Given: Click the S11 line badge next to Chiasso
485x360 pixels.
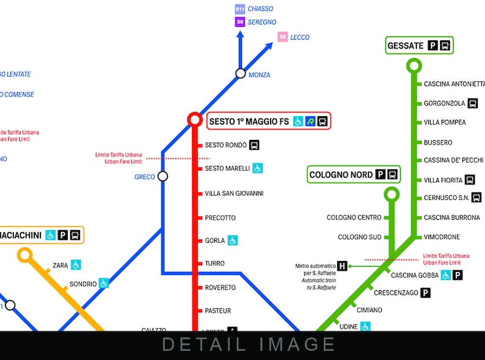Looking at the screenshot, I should pyautogui.click(x=240, y=9).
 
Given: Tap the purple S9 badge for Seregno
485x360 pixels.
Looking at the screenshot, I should pyautogui.click(x=240, y=23).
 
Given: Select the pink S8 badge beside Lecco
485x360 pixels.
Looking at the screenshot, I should pyautogui.click(x=282, y=37).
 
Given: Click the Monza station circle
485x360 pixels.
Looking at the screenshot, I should pyautogui.click(x=241, y=74).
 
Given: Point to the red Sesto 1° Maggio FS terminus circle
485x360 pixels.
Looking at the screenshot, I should pyautogui.click(x=195, y=119).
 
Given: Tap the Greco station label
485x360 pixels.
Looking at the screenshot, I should pyautogui.click(x=145, y=177).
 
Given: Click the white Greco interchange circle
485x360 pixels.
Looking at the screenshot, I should pyautogui.click(x=162, y=176).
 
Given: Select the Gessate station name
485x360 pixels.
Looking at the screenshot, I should pyautogui.click(x=405, y=46).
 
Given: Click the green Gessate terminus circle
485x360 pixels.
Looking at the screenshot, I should pyautogui.click(x=414, y=65).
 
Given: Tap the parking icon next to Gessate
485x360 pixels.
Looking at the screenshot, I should pyautogui.click(x=432, y=46).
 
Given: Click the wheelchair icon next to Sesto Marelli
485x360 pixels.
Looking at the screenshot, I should pyautogui.click(x=258, y=168).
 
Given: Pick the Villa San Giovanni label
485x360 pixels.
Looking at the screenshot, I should pyautogui.click(x=234, y=194).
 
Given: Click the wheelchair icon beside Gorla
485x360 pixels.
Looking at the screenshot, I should pyautogui.click(x=233, y=241).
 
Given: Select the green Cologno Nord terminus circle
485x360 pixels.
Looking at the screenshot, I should pyautogui.click(x=392, y=195).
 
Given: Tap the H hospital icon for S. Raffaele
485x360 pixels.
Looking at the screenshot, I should pyautogui.click(x=342, y=266).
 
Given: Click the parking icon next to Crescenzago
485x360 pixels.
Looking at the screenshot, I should pyautogui.click(x=426, y=293).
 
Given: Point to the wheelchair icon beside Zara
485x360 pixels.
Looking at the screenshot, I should pyautogui.click(x=76, y=265).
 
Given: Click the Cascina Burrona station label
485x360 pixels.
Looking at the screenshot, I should pyautogui.click(x=451, y=218).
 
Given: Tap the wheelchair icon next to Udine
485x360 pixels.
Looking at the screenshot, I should pyautogui.click(x=365, y=326).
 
